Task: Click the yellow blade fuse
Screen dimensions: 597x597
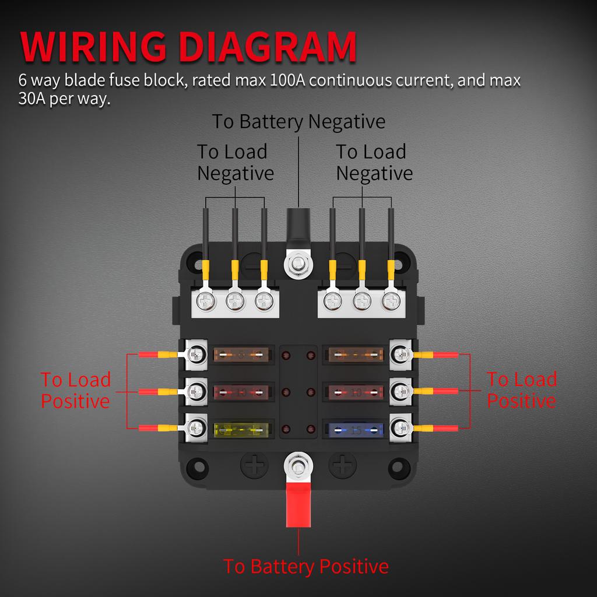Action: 244,430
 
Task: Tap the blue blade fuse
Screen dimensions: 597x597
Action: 353,430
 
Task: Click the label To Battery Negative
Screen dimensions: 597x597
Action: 298,122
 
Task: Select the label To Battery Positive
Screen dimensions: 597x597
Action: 305,566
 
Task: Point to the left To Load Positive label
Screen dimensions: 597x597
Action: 75,390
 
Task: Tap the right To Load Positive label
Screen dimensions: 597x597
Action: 521,390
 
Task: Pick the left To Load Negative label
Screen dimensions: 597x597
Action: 234,162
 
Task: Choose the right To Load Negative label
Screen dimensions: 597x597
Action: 374,162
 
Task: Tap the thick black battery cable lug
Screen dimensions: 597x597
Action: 298,228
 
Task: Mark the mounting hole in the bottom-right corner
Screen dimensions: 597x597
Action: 398,466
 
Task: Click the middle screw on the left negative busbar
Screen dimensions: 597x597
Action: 235,301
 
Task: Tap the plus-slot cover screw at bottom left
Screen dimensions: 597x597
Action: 255,466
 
